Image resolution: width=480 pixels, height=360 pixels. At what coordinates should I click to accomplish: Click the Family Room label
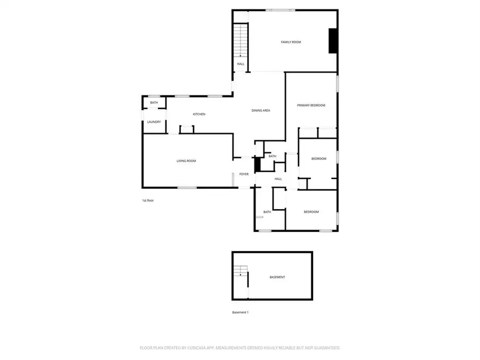[291, 42]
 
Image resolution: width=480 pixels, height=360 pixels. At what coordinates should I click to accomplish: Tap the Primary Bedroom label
[311, 105]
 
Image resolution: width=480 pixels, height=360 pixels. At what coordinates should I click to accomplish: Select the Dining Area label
[261, 110]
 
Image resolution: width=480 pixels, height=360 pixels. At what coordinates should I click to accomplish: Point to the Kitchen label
[199, 114]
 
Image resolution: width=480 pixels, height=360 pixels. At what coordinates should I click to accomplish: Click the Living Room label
[187, 161]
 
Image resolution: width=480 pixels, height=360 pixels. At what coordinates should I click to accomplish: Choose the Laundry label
[154, 122]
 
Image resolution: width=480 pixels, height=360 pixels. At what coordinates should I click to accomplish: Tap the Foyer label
[244, 174]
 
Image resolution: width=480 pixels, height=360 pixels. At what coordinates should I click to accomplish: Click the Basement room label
[277, 277]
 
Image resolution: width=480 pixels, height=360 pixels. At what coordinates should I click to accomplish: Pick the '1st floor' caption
[148, 201]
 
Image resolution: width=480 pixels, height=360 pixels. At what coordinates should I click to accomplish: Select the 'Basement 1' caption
[240, 313]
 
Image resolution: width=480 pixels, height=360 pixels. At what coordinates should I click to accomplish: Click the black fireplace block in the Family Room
[333, 41]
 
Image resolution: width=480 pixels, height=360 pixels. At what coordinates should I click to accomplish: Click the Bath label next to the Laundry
[154, 102]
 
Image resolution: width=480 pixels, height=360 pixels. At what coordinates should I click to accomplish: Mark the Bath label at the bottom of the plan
[267, 212]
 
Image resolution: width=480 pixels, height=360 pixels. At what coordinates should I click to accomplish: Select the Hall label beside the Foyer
[278, 179]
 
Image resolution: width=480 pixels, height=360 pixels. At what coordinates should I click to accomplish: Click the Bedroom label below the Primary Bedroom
[318, 159]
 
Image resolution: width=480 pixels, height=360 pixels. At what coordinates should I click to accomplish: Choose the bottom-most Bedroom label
[311, 212]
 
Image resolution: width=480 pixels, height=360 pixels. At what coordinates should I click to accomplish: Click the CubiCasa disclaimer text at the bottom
[240, 348]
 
